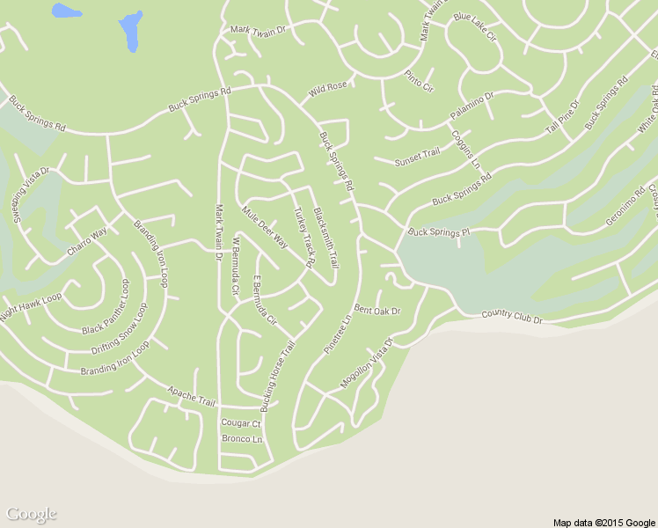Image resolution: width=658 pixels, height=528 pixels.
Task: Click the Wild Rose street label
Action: pyautogui.click(x=328, y=88)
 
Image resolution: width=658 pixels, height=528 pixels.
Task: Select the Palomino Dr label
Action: pyautogui.click(x=472, y=106)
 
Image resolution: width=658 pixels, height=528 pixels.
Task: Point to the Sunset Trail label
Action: pyautogui.click(x=416, y=156)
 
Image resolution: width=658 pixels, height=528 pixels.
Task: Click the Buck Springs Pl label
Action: pyautogui.click(x=439, y=232)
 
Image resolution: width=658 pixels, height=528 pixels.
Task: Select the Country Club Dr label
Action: pyautogui.click(x=512, y=317)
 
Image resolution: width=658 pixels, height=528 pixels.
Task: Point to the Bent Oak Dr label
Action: pyautogui.click(x=377, y=311)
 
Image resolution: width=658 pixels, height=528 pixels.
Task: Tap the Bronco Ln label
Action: pyautogui.click(x=242, y=438)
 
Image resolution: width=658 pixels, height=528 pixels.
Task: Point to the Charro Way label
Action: pyautogui.click(x=87, y=242)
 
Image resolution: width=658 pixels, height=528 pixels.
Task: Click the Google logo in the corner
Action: pyautogui.click(x=31, y=514)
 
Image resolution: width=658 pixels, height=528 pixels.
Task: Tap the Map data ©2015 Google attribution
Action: pyautogui.click(x=604, y=522)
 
